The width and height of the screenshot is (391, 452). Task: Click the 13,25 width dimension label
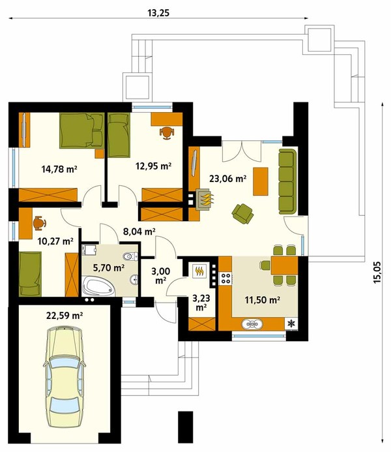[158, 13]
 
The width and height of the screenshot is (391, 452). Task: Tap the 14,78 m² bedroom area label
[59, 169]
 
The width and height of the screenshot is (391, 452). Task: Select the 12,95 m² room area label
[153, 166]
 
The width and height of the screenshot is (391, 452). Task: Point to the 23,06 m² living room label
[227, 179]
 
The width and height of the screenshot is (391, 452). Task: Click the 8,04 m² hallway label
[139, 231]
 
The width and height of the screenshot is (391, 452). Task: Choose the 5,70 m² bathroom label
[109, 268]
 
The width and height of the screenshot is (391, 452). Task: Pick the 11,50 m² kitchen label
[263, 300]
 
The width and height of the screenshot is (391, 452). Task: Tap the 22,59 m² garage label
[65, 316]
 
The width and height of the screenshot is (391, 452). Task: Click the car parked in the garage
[65, 378]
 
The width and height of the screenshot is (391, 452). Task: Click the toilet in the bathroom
[130, 256]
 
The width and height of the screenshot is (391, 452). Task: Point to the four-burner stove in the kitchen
[225, 279]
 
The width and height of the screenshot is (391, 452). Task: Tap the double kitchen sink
[252, 324]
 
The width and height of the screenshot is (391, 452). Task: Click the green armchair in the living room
[242, 213]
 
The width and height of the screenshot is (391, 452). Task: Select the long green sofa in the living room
[287, 181]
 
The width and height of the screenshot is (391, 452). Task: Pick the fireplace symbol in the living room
[205, 200]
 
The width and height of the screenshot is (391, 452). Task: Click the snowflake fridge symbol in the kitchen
[292, 324]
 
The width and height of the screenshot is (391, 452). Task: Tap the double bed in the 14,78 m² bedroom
[82, 130]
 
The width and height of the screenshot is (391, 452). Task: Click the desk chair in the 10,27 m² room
[39, 223]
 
